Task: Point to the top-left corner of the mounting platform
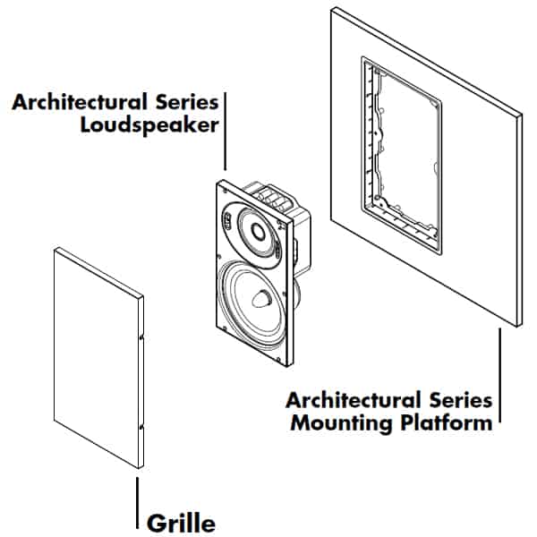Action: point(333,9)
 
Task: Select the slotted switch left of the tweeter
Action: point(227,218)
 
